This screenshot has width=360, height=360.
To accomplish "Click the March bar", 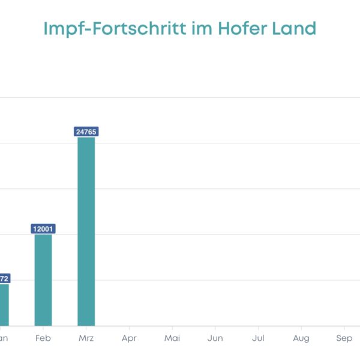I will click(86, 231).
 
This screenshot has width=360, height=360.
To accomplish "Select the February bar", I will click(43, 280).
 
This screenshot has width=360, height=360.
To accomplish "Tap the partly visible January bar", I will click(4, 304).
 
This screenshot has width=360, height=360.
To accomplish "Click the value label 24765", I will click(86, 131).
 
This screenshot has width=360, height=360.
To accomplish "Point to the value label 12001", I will click(43, 229).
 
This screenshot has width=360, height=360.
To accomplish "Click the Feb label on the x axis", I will click(43, 338).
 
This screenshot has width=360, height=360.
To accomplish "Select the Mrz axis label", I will click(86, 338).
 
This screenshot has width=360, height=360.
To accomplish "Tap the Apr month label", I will click(129, 338).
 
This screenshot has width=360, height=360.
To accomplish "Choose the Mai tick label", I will click(172, 338).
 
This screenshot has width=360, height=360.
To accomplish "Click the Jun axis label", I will click(215, 338).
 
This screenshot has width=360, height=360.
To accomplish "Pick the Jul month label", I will click(258, 338).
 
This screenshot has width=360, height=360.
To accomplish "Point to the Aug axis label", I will click(301, 338).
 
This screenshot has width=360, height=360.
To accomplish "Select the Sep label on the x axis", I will click(344, 338).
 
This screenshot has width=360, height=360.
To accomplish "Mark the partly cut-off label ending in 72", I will click(3, 278).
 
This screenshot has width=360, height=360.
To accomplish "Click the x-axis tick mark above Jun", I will click(215, 328).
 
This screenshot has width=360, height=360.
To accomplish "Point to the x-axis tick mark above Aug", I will click(301, 328).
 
